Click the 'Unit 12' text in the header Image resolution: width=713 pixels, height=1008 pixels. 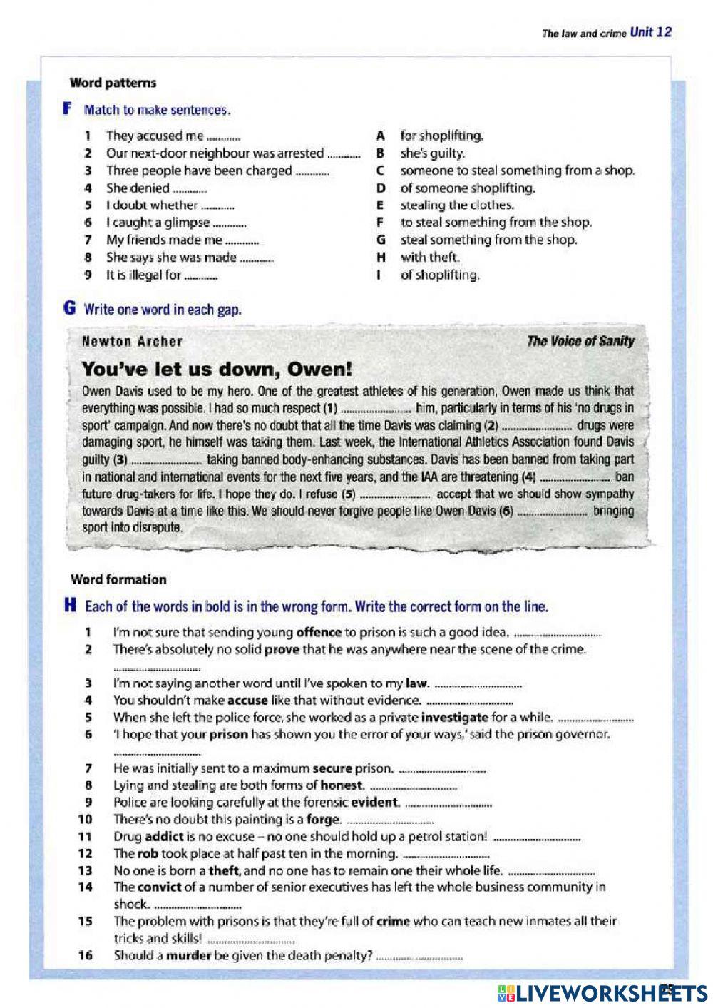click(650, 32)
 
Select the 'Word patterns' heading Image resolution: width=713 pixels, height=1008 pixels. click(113, 83)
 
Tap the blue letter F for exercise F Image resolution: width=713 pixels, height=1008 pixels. click(68, 109)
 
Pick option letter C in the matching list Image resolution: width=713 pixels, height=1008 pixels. click(381, 170)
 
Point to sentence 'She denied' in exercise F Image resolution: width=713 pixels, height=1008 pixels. click(138, 188)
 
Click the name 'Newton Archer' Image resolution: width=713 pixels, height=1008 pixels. click(132, 341)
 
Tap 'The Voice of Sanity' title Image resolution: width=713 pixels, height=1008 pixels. click(580, 341)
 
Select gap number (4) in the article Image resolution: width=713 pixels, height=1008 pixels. click(528, 477)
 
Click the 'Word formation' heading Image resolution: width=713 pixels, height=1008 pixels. click(118, 579)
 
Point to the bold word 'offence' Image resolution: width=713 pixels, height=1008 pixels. click(319, 632)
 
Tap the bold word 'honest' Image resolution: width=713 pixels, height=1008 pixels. click(342, 785)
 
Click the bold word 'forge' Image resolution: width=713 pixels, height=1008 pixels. click(324, 819)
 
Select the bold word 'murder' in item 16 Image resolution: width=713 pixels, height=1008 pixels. click(188, 955)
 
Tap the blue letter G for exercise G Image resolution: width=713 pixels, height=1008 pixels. click(69, 308)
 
